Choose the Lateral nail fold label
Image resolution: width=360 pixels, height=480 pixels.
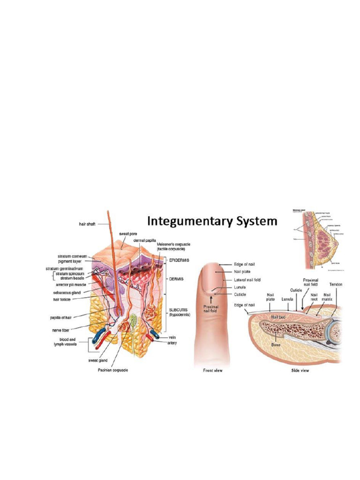pyautogui.click(x=247, y=280)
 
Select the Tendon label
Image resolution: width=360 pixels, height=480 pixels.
pyautogui.click(x=336, y=285)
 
